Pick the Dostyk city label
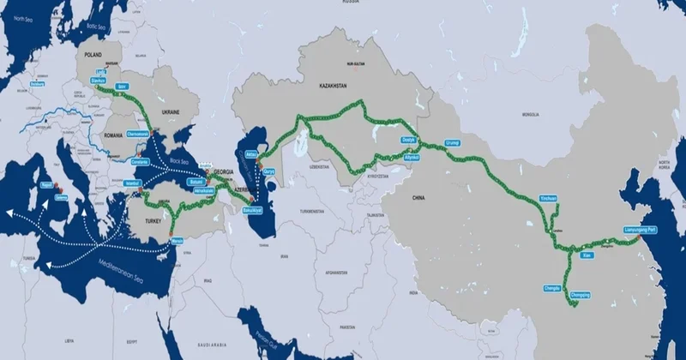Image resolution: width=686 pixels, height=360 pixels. pyautogui.click(x=408, y=140)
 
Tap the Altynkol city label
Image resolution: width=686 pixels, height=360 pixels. pyautogui.click(x=412, y=158)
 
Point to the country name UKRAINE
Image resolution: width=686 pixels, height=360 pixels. pyautogui.click(x=172, y=112)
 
